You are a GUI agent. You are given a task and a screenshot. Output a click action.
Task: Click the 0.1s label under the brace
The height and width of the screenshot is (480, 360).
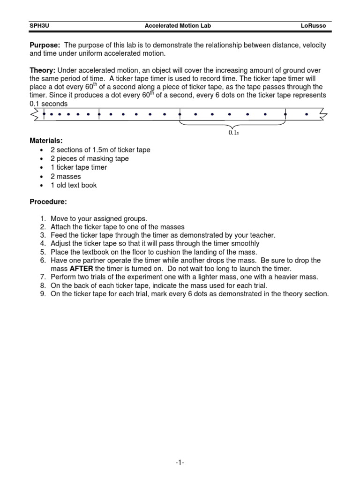pos(233,133)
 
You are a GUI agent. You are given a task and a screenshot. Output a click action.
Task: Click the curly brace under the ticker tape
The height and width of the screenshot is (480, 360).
pos(233,124)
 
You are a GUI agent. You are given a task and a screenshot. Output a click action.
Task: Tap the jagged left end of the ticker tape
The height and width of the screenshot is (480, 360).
pos(35,114)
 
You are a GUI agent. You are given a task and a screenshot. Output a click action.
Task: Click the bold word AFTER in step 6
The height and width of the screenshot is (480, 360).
pos(81,269)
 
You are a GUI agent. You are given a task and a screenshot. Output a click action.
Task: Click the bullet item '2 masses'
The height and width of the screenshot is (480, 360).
pos(66,176)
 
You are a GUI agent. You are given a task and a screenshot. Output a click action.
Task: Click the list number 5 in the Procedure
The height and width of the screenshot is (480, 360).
pos(42,252)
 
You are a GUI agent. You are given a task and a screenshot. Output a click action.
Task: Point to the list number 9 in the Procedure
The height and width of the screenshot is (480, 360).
pos(42,294)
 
